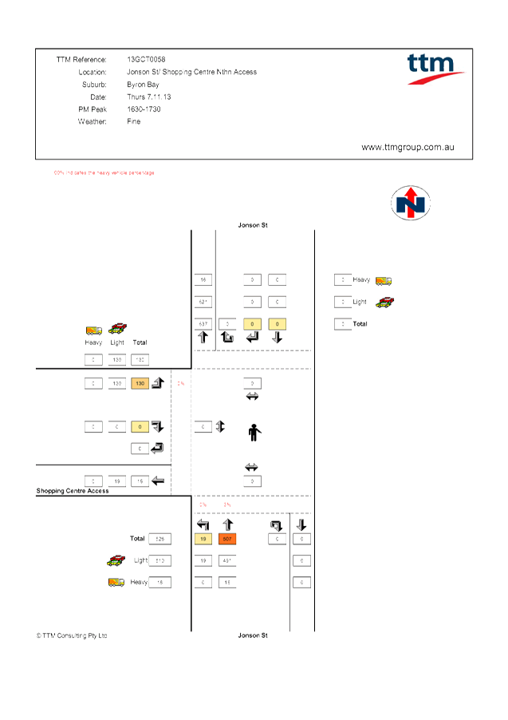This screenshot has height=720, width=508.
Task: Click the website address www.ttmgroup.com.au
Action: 408,148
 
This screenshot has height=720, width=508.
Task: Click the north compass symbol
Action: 411,203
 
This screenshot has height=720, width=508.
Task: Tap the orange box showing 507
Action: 227,539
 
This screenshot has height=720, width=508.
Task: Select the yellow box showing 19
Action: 203,539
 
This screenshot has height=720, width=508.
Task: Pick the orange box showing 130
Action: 140,383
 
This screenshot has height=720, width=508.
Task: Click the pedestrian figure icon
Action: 254,433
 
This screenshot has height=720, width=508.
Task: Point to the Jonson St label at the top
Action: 253,225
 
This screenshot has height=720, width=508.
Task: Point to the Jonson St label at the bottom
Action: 253,635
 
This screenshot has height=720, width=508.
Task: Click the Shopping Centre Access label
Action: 73,491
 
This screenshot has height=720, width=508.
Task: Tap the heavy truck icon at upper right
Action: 384,280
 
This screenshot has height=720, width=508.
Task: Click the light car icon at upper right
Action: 384,302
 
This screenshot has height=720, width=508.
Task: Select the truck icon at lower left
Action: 116,583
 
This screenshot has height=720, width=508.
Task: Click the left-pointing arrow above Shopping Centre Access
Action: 158,481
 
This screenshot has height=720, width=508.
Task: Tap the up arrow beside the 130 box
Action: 158,383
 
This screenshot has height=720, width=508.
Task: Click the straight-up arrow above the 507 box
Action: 227,524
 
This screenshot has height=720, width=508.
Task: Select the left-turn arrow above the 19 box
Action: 203,524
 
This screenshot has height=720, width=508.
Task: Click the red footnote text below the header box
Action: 104,172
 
